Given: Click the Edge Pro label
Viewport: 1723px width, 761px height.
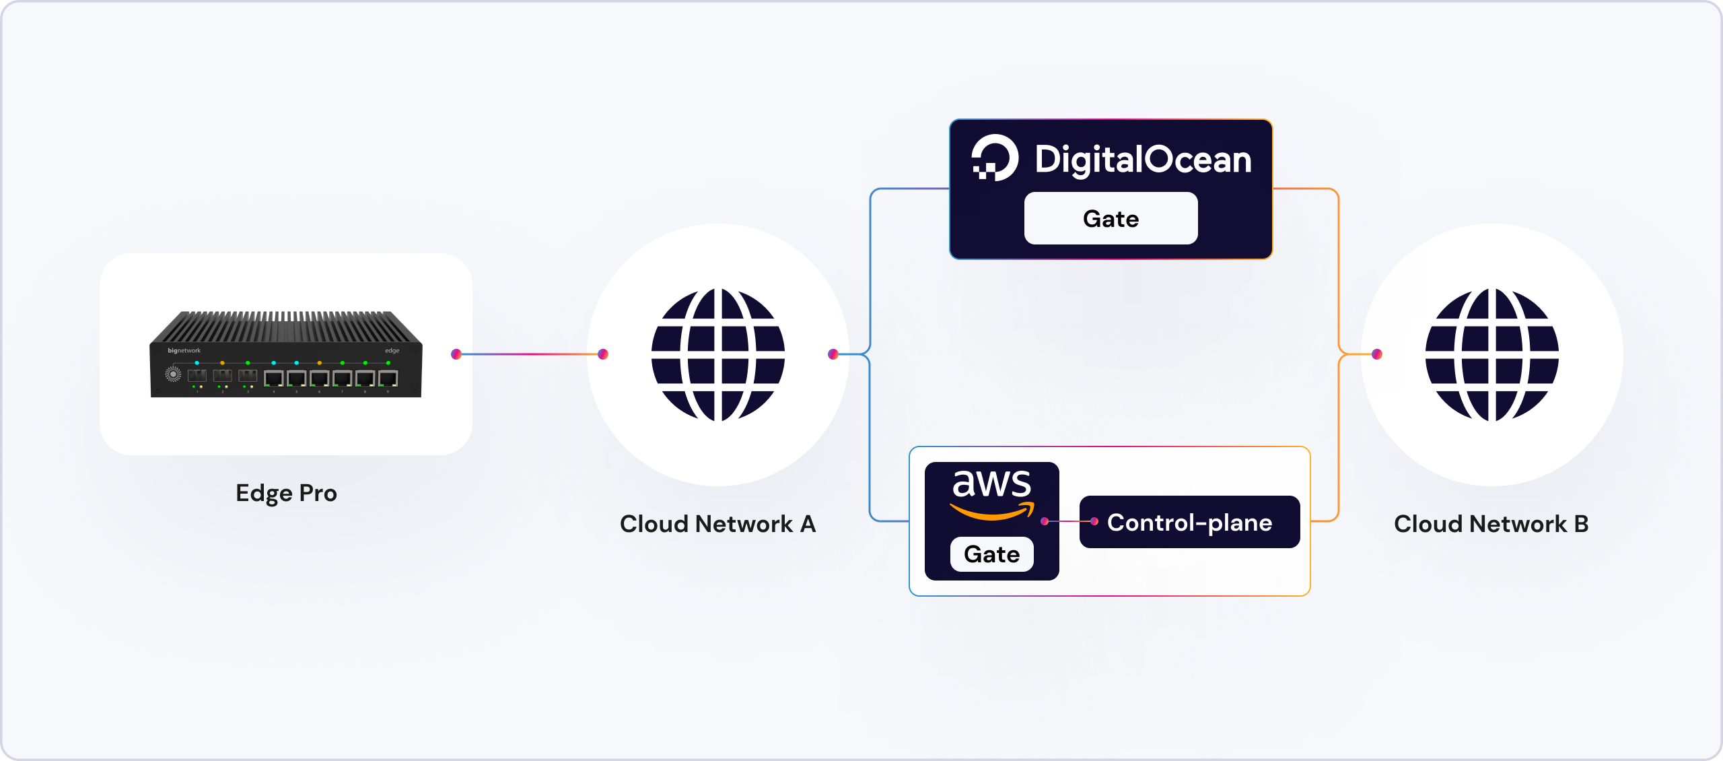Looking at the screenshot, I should point(286,493).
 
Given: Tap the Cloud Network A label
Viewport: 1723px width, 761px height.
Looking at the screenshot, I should point(717,524).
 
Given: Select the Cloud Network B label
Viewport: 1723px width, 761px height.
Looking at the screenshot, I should point(1491,524).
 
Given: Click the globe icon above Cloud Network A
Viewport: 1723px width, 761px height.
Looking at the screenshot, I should point(718,355).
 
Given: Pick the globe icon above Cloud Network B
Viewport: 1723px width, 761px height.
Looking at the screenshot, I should point(1492,355).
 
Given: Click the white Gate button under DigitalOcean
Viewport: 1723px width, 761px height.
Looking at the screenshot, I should point(1111,219).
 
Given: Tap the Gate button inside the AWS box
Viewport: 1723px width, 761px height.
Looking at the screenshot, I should point(991,554).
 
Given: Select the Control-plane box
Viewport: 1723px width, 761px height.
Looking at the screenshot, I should point(1189,523).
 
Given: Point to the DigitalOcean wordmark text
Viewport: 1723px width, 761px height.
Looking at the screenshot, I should point(1143,160).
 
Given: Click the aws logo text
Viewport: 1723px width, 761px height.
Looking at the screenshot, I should point(991,483).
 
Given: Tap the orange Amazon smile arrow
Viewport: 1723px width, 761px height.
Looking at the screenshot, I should point(991,513).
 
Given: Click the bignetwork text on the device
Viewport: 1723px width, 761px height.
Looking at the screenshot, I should point(184,350).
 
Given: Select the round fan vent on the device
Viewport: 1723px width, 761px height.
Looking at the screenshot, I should point(173,374).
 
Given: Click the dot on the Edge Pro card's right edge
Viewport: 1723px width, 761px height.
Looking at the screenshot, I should point(456,354).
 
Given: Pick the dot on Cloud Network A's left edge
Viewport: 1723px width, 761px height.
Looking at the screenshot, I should point(603,354).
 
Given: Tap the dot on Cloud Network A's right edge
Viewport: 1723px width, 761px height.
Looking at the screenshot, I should point(833,354).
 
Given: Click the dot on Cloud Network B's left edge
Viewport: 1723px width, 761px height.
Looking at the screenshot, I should point(1377,354).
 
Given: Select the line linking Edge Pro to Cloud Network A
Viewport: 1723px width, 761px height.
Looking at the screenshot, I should point(530,354).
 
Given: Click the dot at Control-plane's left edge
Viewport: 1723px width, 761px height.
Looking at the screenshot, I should point(1094,521).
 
